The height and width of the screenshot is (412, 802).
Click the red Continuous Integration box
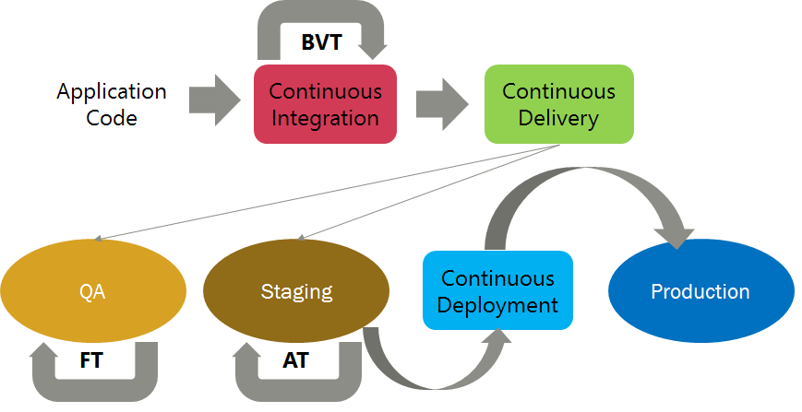325,104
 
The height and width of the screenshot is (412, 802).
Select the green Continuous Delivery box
559,104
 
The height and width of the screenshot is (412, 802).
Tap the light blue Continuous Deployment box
497,290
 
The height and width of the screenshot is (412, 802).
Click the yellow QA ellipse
93,291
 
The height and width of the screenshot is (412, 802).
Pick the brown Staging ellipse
296,291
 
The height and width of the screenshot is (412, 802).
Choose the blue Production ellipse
700,291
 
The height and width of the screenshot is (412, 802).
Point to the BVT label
321,42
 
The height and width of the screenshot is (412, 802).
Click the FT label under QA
91,360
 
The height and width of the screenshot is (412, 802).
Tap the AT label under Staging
295,360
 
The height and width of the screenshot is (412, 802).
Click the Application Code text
112,105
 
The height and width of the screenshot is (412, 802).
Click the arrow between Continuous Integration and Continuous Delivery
442,104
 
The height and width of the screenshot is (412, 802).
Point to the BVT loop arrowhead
372,50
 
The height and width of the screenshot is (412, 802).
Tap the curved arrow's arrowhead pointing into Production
677,238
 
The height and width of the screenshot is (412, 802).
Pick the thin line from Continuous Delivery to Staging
428,193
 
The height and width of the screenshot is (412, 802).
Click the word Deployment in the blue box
497,306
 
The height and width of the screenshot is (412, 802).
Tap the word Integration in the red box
325,119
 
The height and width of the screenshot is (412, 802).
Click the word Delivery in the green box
558,119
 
